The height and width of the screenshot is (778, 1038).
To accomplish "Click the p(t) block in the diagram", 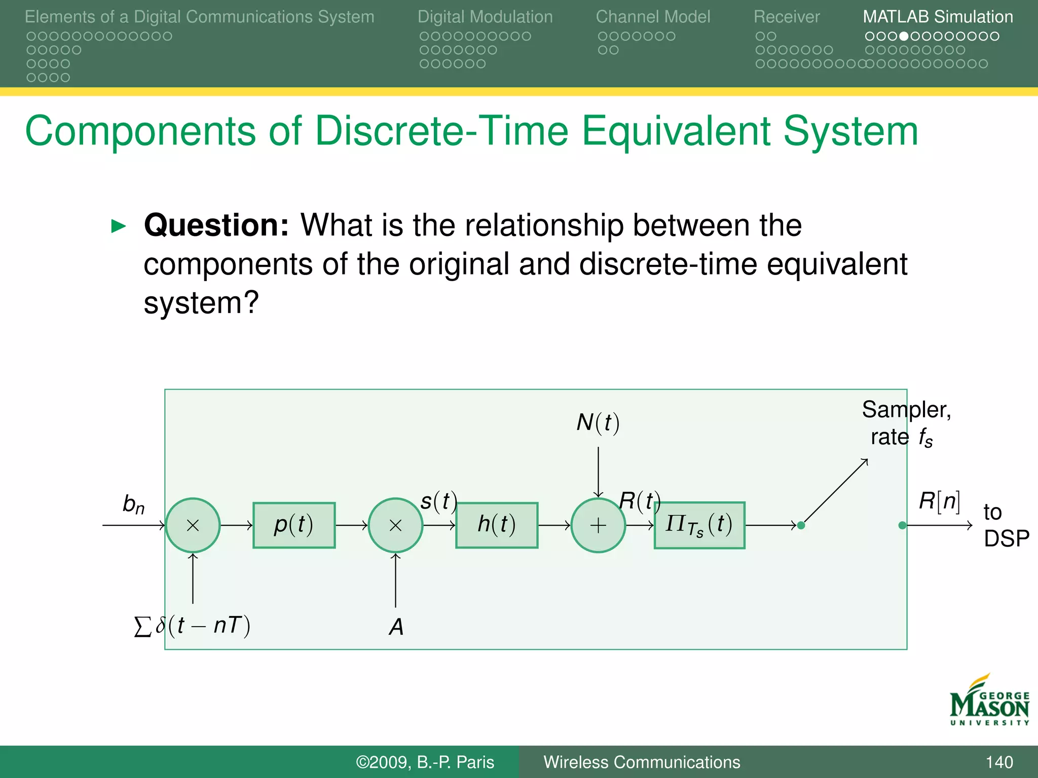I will pos(294,525).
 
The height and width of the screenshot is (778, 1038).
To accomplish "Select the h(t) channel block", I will pos(497,525).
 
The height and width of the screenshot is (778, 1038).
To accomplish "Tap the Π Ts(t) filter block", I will pos(699,525).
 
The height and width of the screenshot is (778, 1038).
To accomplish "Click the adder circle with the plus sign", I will pos(598,525).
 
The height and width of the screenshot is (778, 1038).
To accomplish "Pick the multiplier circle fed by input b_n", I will pos(193,525).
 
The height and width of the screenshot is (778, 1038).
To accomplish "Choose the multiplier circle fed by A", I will pos(395,525).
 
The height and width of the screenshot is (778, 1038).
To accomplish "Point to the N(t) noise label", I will pos(598,423).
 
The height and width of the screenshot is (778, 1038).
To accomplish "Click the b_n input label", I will pos(133,504).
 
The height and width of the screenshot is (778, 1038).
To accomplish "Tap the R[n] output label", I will pos(939,501).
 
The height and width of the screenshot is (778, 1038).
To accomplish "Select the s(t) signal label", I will pos(439,501).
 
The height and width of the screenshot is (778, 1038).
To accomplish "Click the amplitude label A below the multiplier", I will pos(396,627).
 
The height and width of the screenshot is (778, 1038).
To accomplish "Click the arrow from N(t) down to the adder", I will pos(598,471).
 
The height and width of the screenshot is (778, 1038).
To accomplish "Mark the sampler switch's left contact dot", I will pos(801,525).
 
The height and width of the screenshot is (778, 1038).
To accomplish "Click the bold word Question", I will pos(216,225).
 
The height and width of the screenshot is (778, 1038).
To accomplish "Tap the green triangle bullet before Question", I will pos(118,226).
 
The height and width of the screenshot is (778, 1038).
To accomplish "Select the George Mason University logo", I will pos(989,702).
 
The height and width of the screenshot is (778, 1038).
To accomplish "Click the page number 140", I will pos(999,762).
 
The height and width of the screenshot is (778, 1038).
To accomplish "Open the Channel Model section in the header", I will pos(653,17).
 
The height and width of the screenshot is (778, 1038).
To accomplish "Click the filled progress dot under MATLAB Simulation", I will pos(903,36).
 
